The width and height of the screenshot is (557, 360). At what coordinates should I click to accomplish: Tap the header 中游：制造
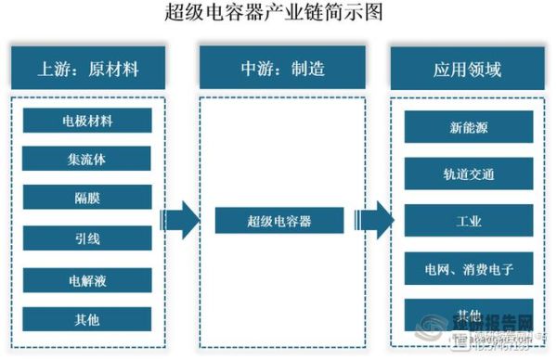278,68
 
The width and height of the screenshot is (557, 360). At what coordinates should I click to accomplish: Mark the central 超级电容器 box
278,221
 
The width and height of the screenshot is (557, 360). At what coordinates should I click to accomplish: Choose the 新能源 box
469,127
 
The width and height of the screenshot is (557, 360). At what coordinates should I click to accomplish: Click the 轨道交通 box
469,174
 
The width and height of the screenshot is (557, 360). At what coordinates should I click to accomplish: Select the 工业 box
469,221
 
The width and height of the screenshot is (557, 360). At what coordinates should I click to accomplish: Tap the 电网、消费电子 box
469,269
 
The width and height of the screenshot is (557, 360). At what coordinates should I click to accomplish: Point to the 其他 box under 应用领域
469,313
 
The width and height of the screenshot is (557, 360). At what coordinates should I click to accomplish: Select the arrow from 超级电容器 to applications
372,221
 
